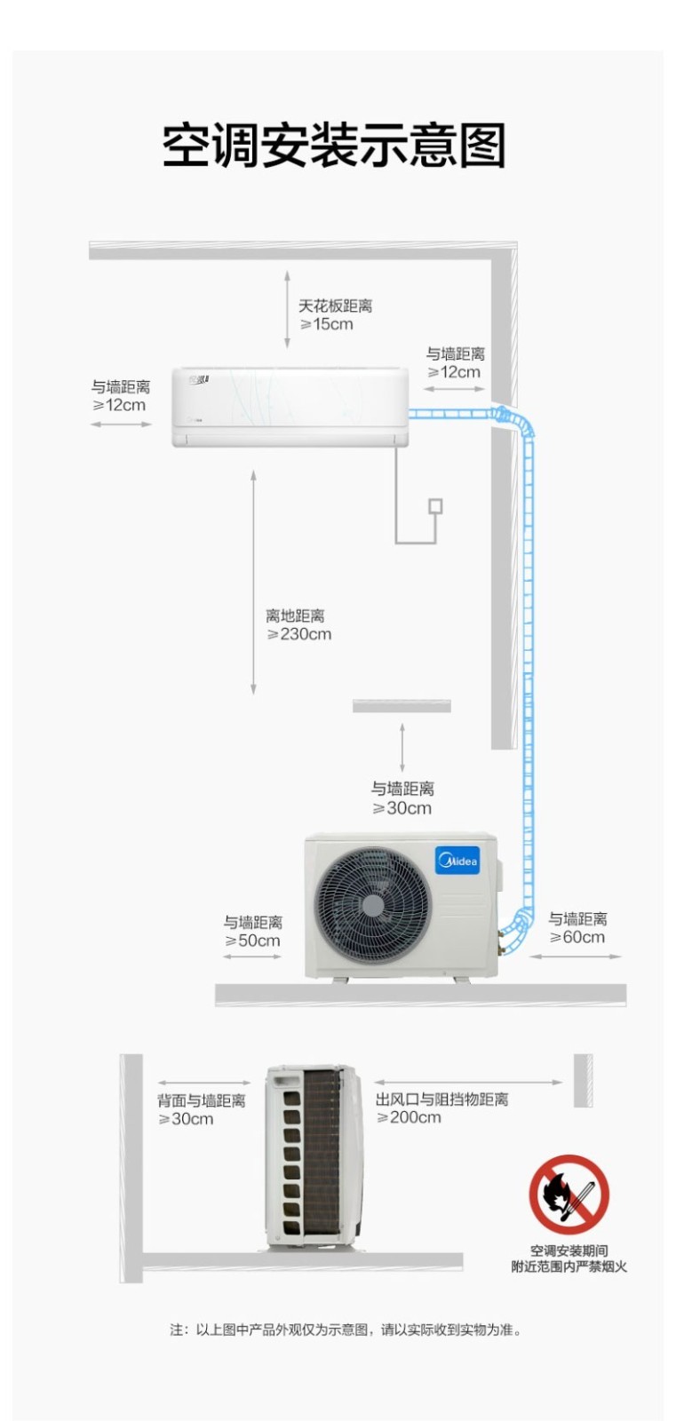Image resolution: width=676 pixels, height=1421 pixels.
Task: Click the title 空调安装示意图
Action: click(x=334, y=146)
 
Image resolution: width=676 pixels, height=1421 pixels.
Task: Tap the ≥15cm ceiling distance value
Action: click(x=326, y=324)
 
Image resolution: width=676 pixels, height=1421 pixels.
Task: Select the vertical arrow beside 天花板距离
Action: click(x=287, y=310)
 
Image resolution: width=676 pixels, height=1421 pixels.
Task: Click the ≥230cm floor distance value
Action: click(x=298, y=634)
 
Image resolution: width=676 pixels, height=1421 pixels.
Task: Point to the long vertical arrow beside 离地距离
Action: click(x=253, y=583)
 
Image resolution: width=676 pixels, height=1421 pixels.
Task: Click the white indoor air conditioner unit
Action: click(x=290, y=407)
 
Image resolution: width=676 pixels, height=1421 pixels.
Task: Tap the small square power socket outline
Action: click(x=435, y=506)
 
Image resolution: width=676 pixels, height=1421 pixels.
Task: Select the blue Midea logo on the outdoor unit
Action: click(x=457, y=861)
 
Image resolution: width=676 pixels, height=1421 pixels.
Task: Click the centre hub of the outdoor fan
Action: click(x=373, y=906)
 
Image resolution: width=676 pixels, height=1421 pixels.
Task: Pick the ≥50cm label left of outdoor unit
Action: click(x=252, y=941)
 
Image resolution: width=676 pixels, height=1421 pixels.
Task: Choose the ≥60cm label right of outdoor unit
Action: click(x=577, y=937)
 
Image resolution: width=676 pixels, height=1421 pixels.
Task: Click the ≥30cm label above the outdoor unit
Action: click(x=402, y=807)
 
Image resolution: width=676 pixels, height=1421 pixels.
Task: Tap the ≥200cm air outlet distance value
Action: click(x=409, y=1116)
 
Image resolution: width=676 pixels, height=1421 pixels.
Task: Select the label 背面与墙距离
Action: click(x=202, y=1100)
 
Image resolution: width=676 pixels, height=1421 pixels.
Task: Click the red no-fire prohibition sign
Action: click(x=569, y=1194)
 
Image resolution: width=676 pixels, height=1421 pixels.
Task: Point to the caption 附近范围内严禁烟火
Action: click(x=569, y=1266)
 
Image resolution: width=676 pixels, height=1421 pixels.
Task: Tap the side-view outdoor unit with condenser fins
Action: click(x=314, y=1156)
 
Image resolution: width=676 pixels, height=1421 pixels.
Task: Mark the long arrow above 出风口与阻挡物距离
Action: click(x=468, y=1083)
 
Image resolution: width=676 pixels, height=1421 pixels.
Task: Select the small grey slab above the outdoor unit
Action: click(x=402, y=705)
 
